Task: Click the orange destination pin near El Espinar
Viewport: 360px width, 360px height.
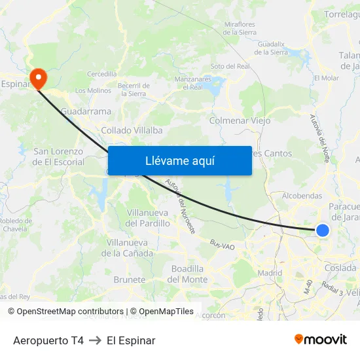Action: [39, 78]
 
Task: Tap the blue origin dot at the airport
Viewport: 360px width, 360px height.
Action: [322, 230]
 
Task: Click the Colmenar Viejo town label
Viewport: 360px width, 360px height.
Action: [240, 120]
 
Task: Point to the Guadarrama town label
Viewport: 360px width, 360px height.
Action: [86, 111]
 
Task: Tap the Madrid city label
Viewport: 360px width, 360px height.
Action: [270, 273]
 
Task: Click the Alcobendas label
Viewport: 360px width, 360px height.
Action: [301, 196]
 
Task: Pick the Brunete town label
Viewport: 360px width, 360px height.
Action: [130, 279]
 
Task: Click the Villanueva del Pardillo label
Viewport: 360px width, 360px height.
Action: [148, 218]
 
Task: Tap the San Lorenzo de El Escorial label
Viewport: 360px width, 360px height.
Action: [58, 156]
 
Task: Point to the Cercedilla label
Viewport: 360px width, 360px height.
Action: [101, 74]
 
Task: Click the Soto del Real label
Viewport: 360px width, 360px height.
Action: [230, 66]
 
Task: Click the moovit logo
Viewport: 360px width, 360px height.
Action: [321, 340]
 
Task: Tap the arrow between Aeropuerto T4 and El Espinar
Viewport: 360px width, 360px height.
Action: [95, 340]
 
